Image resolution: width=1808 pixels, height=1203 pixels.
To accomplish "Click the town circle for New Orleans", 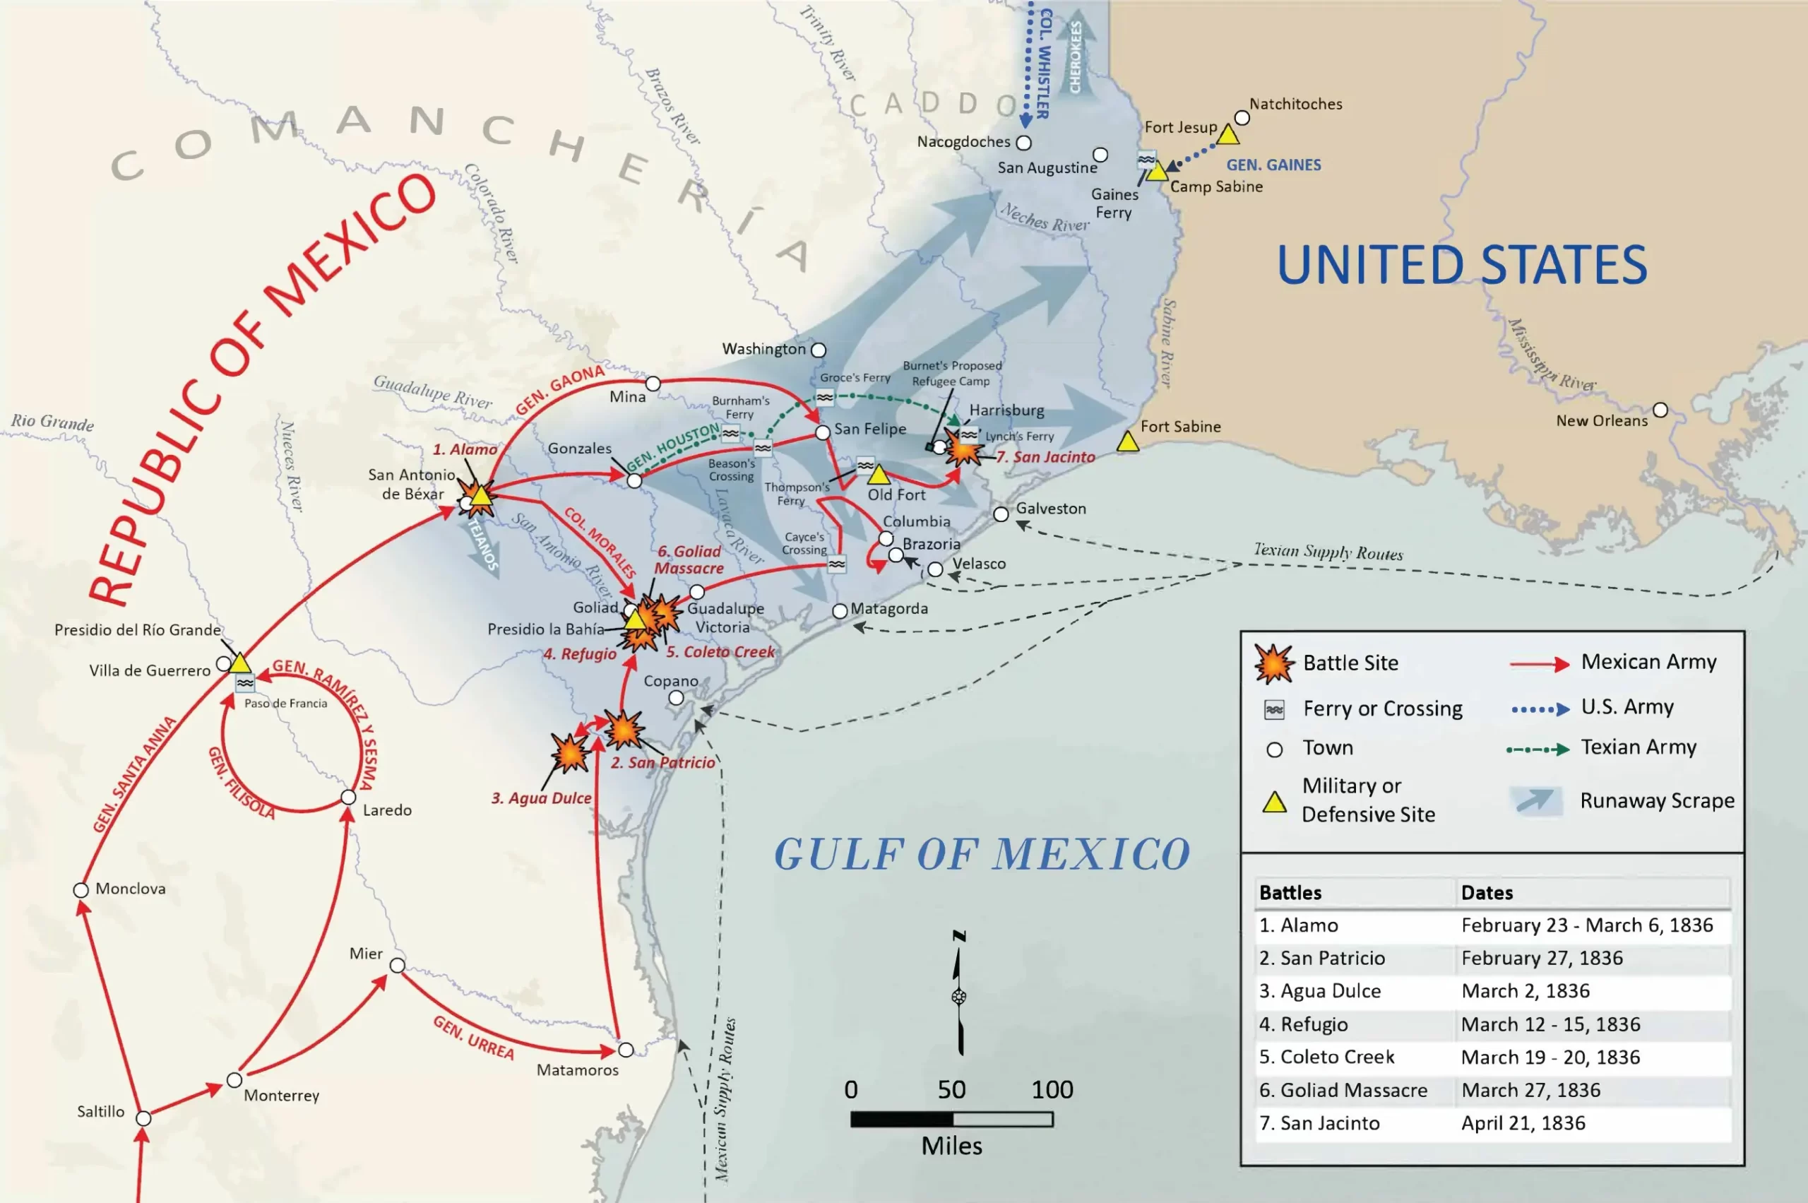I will (x=1660, y=410).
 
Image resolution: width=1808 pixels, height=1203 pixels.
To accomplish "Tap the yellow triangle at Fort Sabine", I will (x=1128, y=442).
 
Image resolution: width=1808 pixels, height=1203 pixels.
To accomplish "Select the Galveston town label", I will (x=1050, y=508).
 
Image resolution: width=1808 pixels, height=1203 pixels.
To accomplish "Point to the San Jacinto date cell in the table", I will (x=1523, y=1122).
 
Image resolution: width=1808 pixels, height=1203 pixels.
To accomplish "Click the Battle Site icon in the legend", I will (x=1274, y=663).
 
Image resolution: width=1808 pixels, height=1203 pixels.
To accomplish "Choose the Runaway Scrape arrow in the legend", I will (x=1535, y=800).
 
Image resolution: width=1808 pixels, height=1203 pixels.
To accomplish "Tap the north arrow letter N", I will (x=959, y=936).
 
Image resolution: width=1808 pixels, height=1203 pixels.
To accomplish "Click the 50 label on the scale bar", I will (x=951, y=1089).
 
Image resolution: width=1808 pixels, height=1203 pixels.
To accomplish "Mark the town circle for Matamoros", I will (x=626, y=1050).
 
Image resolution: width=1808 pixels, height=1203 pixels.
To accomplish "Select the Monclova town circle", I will (x=81, y=890).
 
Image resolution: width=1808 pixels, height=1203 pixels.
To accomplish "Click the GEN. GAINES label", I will (x=1273, y=165).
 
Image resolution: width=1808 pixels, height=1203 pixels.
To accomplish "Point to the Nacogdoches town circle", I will (x=1023, y=143).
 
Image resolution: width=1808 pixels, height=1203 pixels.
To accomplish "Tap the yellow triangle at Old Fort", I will (x=879, y=475).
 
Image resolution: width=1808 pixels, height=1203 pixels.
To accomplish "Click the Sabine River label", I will (x=1167, y=343).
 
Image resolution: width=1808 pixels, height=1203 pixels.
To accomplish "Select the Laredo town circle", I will (x=348, y=797).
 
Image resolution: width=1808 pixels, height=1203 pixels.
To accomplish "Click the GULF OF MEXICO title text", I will (x=982, y=854).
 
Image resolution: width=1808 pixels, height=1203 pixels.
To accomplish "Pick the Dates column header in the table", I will (x=1487, y=892).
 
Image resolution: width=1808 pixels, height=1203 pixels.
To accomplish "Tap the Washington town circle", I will (x=819, y=350).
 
